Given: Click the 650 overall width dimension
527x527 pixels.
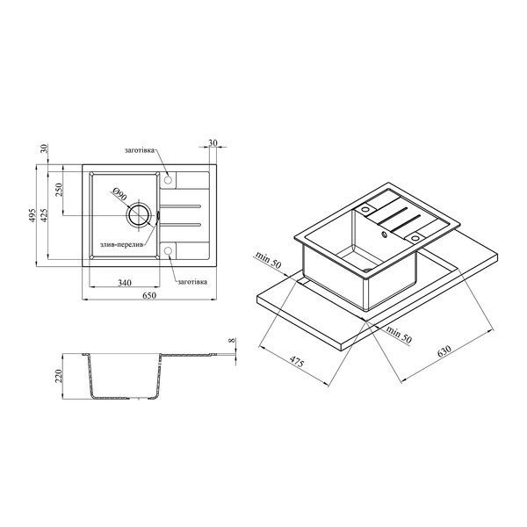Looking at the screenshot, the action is coord(149,295).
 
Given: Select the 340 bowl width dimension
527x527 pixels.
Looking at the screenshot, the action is coord(125,283).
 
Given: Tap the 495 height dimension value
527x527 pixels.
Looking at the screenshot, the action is coord(32,215).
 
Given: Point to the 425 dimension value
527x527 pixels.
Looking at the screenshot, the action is coord(44,215).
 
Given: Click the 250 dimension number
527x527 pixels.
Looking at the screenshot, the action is coord(59,190).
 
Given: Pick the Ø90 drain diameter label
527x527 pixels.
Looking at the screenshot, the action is coord(119,194).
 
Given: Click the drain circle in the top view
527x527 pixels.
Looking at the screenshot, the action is coord(138,214).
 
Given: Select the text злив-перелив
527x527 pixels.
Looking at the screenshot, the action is coord(122,245).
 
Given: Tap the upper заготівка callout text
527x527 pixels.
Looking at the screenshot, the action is coord(140,150).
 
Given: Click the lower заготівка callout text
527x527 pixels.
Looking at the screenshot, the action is coord(192,282).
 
